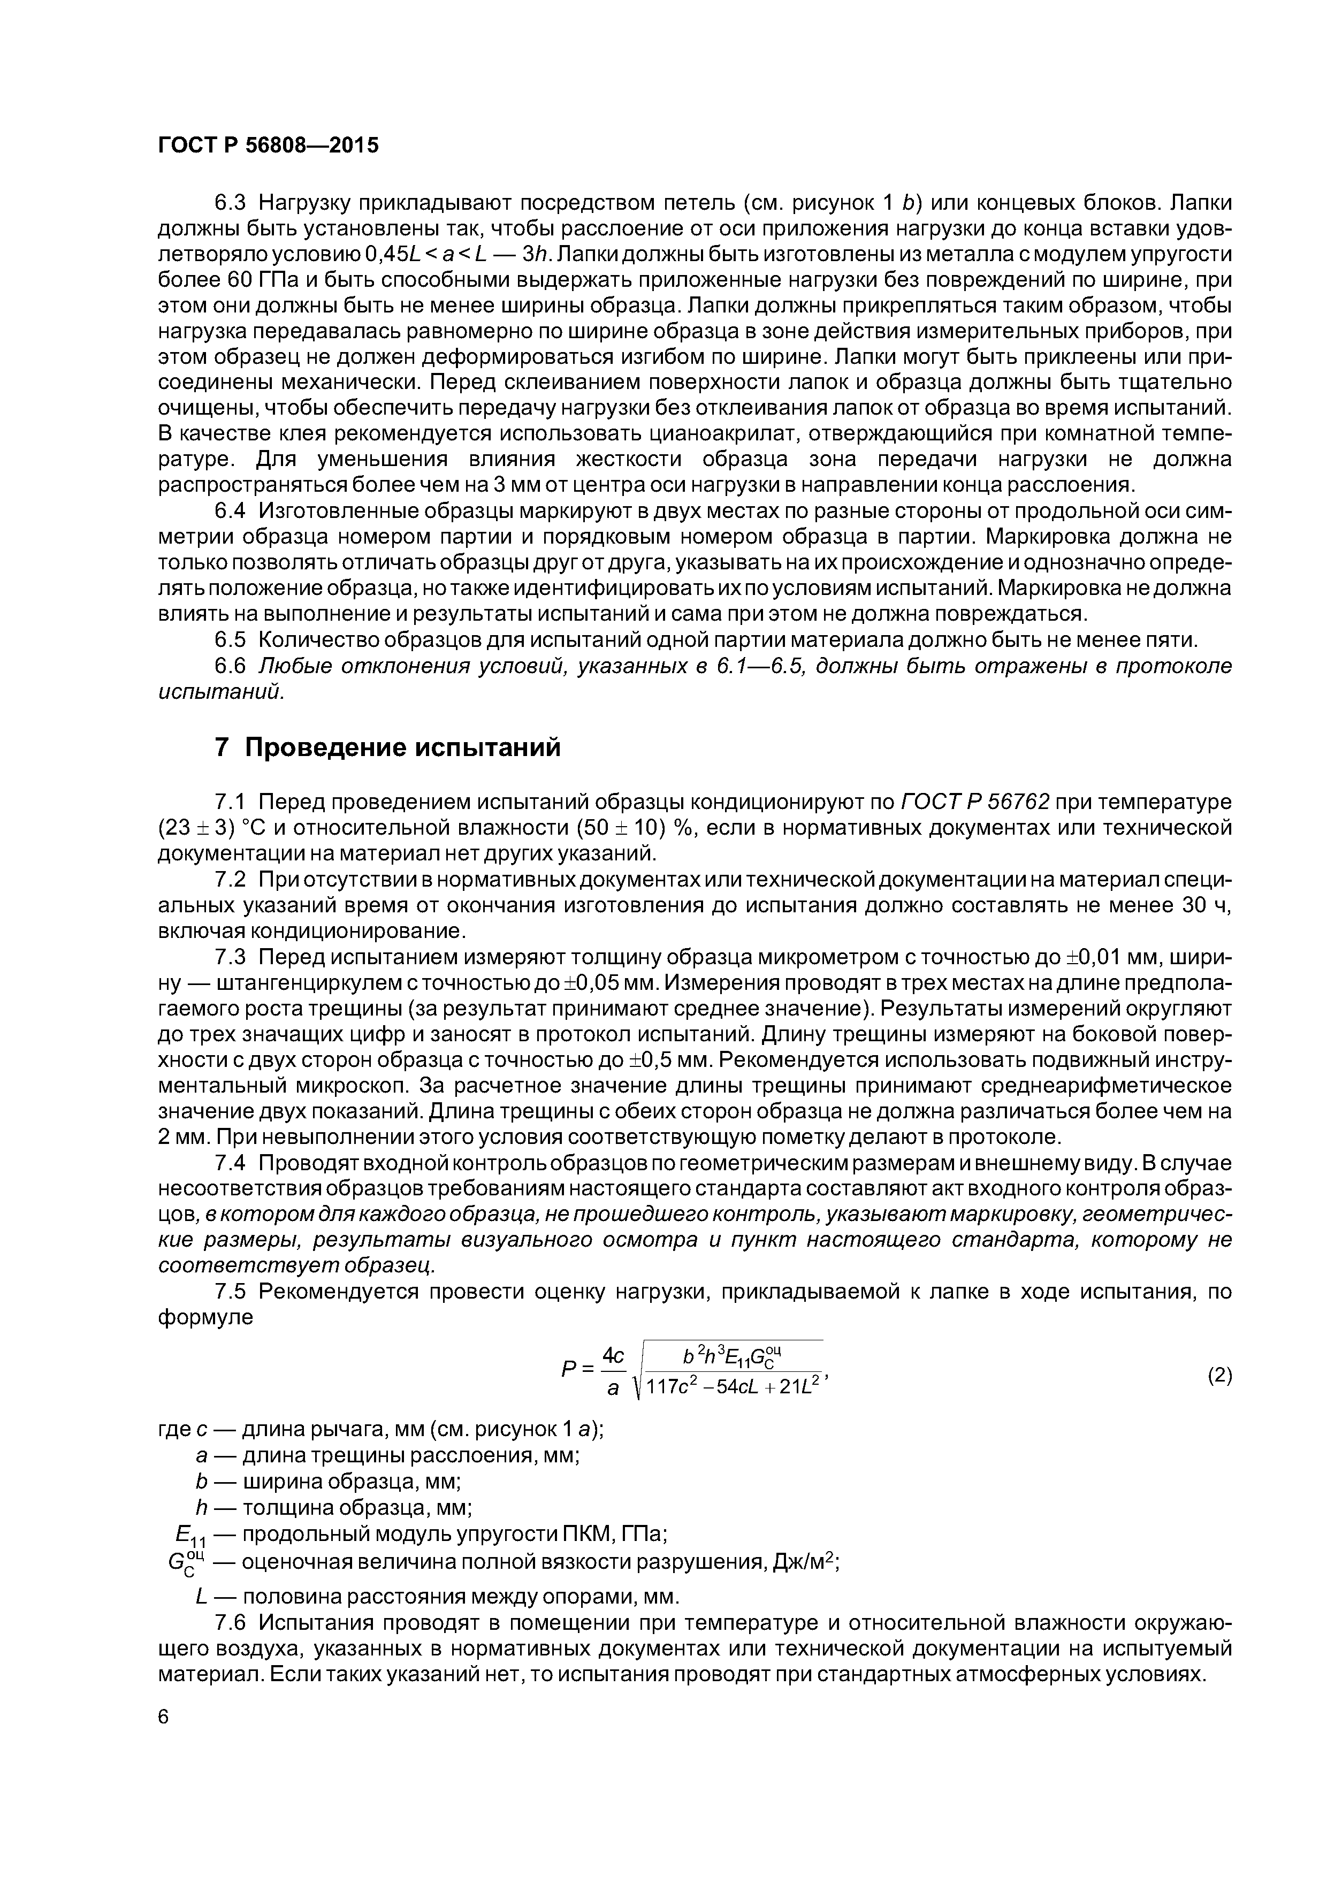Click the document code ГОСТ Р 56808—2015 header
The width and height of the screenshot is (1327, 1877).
(x=268, y=146)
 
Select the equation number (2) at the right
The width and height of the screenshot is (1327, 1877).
(x=1219, y=1375)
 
